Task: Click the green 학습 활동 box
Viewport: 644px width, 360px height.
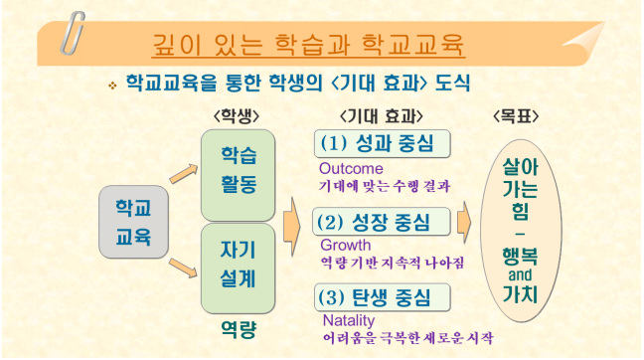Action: (239, 174)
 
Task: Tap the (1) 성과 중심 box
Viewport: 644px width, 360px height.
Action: (384, 143)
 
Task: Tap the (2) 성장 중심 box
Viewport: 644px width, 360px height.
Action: (384, 221)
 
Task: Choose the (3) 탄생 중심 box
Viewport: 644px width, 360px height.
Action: (384, 297)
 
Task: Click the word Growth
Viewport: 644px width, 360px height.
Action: (345, 244)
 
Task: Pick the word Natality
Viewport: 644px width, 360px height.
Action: (348, 320)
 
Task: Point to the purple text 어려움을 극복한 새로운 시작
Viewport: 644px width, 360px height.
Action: (407, 338)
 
